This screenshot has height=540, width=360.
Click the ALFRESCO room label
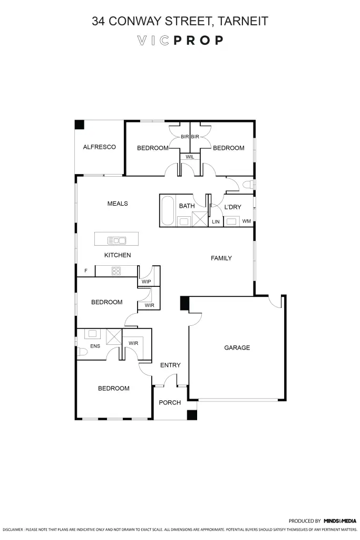pyautogui.click(x=99, y=147)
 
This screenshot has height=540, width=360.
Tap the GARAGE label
pyautogui.click(x=237, y=348)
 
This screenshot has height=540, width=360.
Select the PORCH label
pyautogui.click(x=170, y=402)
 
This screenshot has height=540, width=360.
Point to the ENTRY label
pyautogui.click(x=170, y=365)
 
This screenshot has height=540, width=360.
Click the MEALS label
pyautogui.click(x=118, y=204)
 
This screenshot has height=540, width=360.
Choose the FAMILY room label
pyautogui.click(x=221, y=258)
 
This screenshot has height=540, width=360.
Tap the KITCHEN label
pyautogui.click(x=118, y=255)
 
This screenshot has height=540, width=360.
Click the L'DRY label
pyautogui.click(x=232, y=207)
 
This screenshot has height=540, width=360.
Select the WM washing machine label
pyautogui.click(x=246, y=221)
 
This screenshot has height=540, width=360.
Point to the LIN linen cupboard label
pyautogui.click(x=215, y=222)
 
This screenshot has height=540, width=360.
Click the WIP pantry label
pyautogui.click(x=146, y=282)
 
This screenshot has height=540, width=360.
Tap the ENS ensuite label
pyautogui.click(x=95, y=346)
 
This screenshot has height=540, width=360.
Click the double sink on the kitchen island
pyautogui.click(x=117, y=240)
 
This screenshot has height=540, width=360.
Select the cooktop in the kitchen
pyautogui.click(x=116, y=271)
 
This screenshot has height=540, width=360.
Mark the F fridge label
pyautogui.click(x=86, y=271)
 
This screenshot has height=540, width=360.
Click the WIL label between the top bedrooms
pyautogui.click(x=190, y=157)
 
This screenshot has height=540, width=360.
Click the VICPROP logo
pyautogui.click(x=180, y=41)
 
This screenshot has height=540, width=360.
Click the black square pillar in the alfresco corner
pyautogui.click(x=79, y=125)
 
